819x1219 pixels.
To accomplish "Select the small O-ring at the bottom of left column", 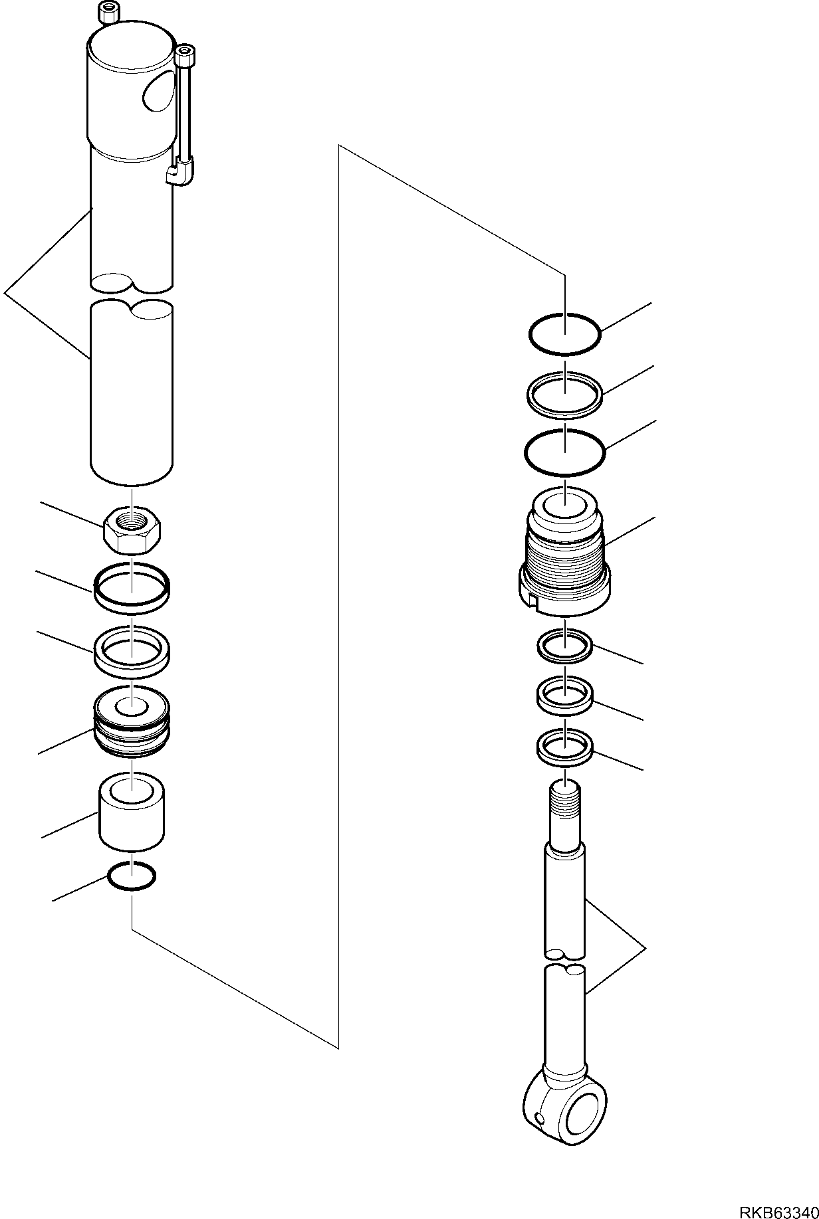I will [x=132, y=876].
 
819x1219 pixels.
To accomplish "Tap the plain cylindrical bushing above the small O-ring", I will [x=132, y=812].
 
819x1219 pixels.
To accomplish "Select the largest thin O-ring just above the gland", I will [x=565, y=452].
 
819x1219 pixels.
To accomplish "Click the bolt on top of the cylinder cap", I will [x=107, y=11].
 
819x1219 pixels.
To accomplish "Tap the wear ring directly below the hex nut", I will [x=132, y=586].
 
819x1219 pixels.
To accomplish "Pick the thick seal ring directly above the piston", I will [x=132, y=652].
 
